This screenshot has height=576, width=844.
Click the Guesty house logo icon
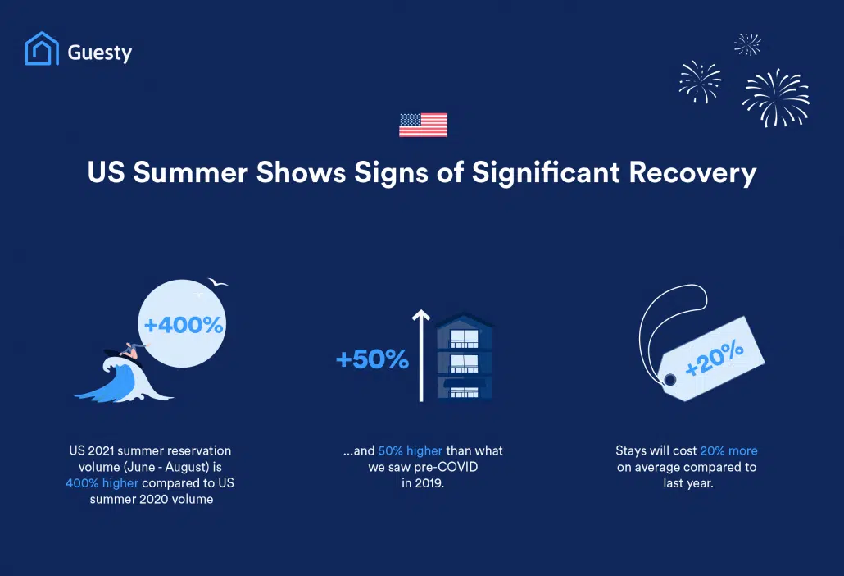pos(42,48)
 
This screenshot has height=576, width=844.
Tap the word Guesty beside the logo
pos(100,53)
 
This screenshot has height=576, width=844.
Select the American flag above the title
pos(423,125)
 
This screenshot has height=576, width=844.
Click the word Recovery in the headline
pos(692,173)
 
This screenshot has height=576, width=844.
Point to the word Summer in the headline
pos(191,172)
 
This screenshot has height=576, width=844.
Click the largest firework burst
pos(776,98)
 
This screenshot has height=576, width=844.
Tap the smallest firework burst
pos(747,44)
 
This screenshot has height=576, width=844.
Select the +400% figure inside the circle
pos(183,325)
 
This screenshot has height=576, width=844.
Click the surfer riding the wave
pos(132,351)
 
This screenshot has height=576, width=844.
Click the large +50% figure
pos(373,359)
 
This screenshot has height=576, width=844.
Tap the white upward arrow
pos(421,355)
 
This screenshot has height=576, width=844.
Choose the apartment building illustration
pos(464,358)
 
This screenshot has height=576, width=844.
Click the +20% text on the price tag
pos(715,358)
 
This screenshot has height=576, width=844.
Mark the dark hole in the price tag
pos(670,380)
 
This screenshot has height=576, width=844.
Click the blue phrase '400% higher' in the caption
pos(102,482)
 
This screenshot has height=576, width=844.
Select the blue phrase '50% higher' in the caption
pos(411,450)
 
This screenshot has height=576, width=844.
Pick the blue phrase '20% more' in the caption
pos(728,450)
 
